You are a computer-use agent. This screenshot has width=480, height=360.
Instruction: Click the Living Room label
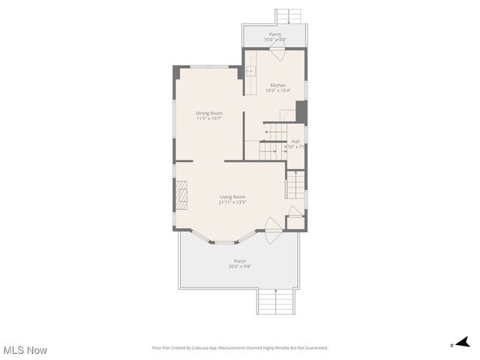(232, 196)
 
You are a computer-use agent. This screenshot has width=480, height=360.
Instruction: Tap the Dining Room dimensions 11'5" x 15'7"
(209, 118)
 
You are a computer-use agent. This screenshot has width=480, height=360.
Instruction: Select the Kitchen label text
(277, 85)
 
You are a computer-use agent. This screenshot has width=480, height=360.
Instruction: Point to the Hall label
(295, 141)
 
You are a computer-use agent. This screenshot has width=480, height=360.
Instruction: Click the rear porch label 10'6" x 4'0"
(275, 40)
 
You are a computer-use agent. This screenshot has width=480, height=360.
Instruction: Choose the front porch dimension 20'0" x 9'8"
(239, 266)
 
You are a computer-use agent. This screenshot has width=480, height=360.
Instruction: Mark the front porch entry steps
(275, 301)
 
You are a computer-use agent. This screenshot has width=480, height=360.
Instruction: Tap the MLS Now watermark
(25, 350)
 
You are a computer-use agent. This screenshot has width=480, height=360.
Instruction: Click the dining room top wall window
(209, 67)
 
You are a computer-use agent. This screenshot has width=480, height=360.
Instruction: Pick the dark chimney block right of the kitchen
(301, 112)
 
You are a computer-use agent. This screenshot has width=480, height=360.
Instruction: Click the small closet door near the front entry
(295, 212)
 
